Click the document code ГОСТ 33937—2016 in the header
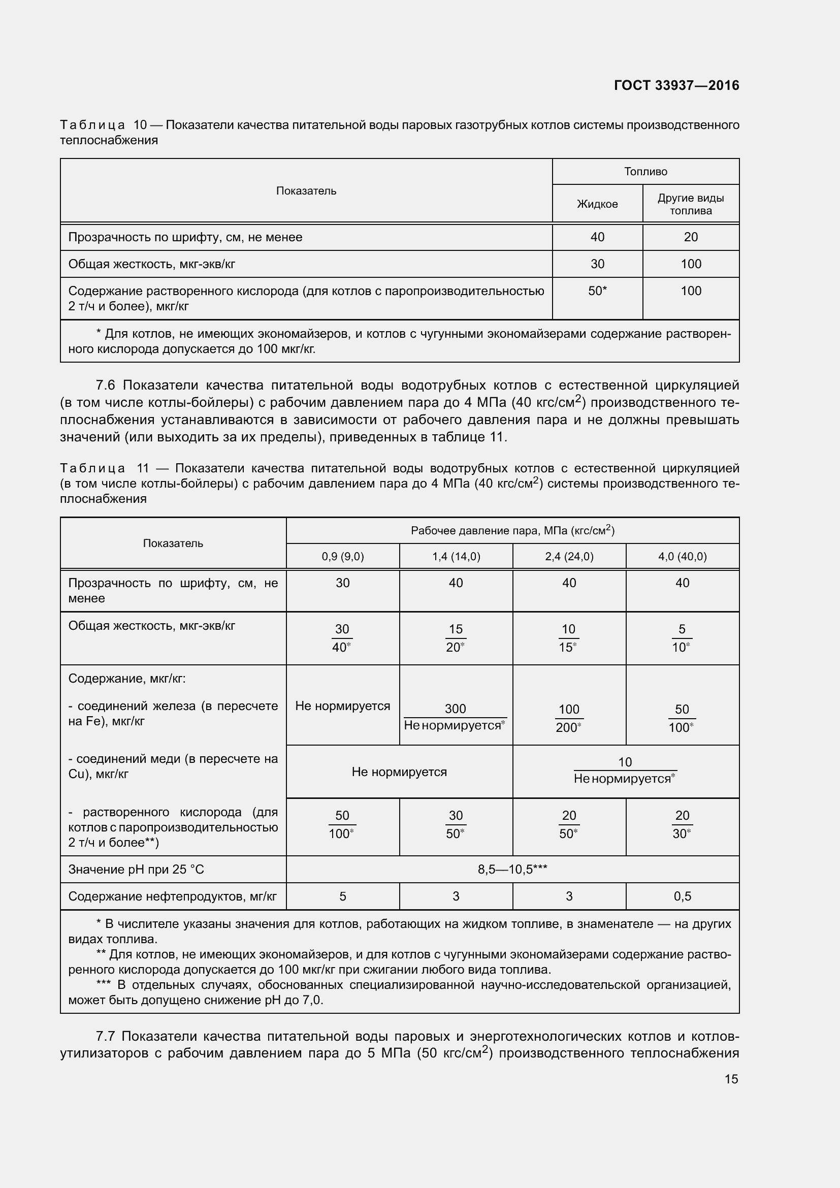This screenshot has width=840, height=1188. [x=676, y=85]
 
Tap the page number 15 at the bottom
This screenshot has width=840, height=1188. [x=731, y=1079]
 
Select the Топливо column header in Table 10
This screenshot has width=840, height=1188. [x=645, y=171]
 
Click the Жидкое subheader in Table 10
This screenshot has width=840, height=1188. [x=597, y=204]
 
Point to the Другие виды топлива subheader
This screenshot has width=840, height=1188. [x=690, y=204]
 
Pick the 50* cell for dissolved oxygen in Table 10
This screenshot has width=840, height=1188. [x=597, y=291]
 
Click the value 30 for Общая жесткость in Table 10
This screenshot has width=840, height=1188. [x=597, y=264]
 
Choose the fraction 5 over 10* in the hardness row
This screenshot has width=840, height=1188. [x=681, y=638]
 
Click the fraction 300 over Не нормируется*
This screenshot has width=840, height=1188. [x=455, y=717]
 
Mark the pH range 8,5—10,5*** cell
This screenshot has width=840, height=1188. [x=512, y=869]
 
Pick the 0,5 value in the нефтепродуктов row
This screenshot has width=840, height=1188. [x=682, y=896]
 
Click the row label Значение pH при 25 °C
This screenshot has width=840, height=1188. [x=136, y=869]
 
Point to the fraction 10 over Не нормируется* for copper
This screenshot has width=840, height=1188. [x=625, y=770]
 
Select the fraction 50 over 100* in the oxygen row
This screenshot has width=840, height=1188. [x=342, y=824]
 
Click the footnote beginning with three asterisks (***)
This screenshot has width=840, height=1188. [x=399, y=992]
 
